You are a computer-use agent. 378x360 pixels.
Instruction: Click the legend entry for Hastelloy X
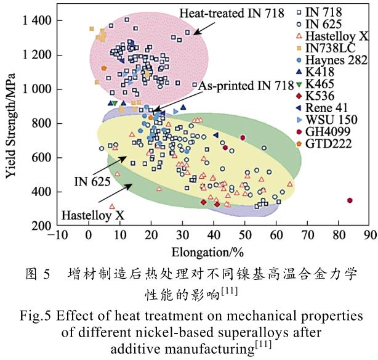[x=336, y=37]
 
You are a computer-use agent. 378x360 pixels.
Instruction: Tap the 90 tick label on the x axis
[x=369, y=235]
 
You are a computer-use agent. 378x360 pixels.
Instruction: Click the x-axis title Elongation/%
[x=212, y=250]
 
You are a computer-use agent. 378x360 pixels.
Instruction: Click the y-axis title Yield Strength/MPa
[x=10, y=123]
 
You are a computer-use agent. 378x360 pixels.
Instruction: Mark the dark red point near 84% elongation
[x=350, y=200]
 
